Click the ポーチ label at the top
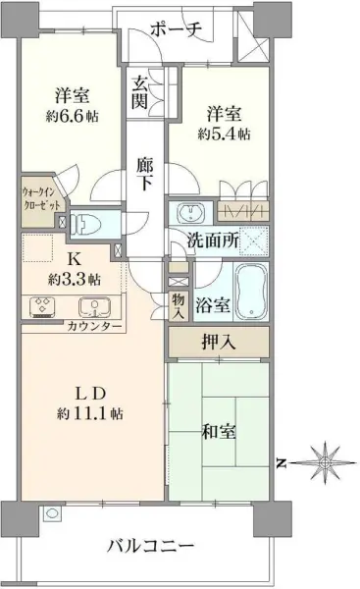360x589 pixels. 178,28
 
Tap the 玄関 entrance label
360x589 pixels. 140,90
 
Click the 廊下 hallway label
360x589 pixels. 144,176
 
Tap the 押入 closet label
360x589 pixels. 218,343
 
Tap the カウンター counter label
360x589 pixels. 95,325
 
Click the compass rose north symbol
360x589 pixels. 324,459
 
